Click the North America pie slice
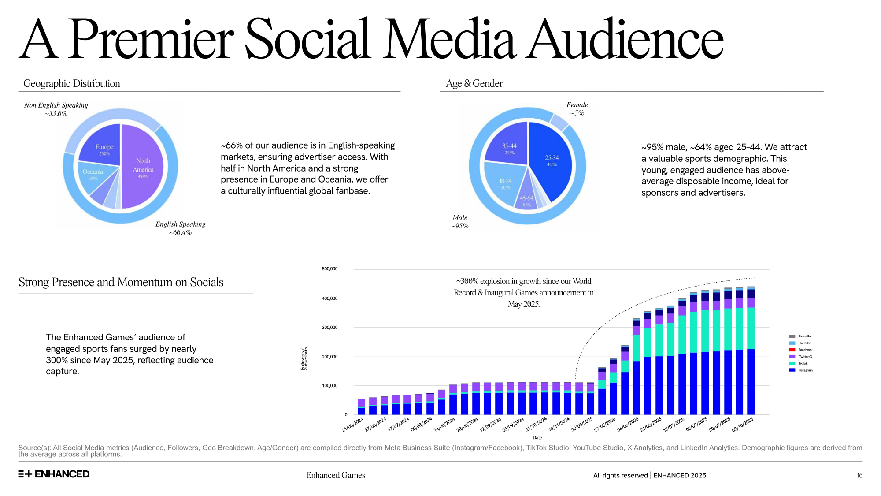point(143,168)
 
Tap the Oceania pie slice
point(93,174)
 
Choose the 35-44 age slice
point(509,148)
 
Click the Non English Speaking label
point(56,109)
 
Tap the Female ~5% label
point(577,108)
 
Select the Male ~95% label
point(459,221)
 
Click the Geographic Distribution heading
point(72,83)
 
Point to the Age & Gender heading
point(474,83)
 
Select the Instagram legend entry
point(805,370)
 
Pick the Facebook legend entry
point(805,350)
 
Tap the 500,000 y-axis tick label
point(329,269)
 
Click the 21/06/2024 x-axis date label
point(353,424)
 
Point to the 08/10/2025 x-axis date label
point(743,424)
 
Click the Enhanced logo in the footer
point(54,474)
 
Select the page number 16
point(859,475)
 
